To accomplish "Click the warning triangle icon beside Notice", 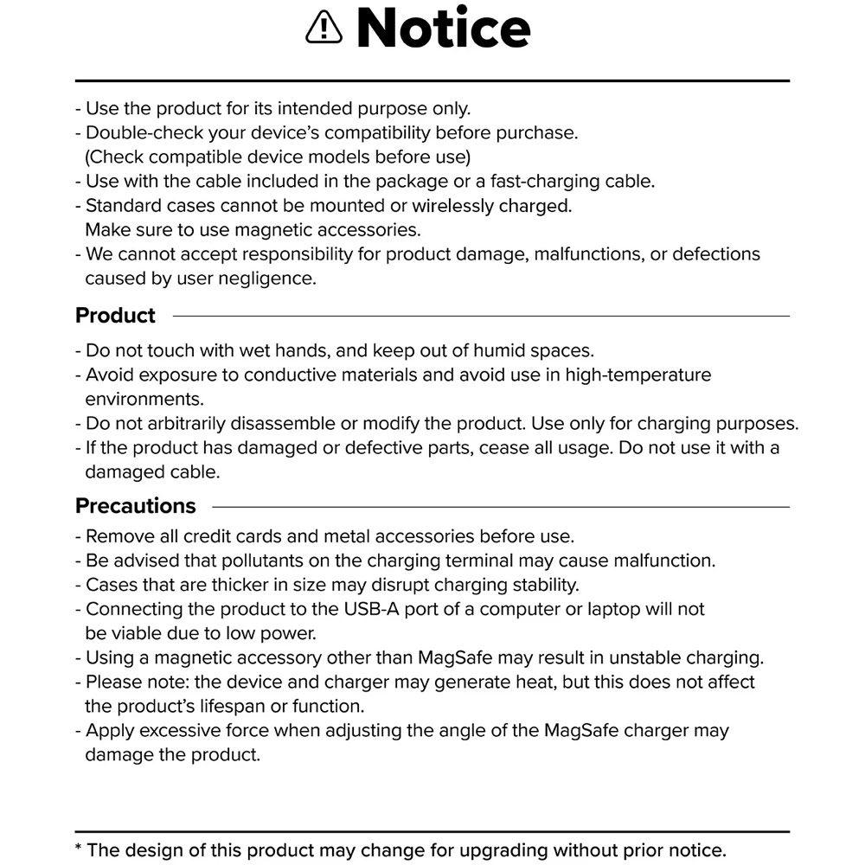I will (324, 29).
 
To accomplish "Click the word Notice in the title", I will (443, 28).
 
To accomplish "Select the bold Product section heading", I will (115, 316).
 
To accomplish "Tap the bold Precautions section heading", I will (136, 506).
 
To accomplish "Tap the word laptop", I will (618, 609).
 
